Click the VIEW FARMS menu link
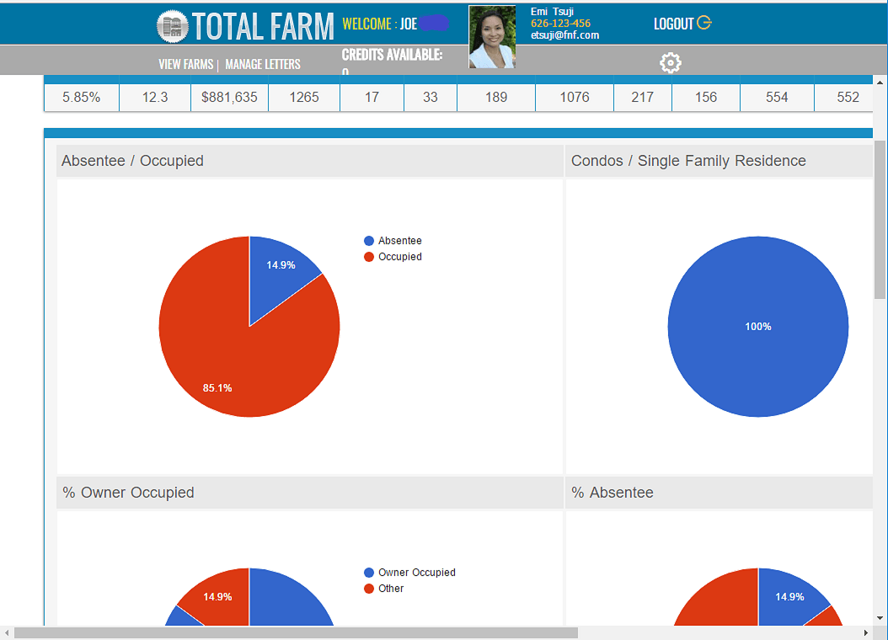click(x=185, y=64)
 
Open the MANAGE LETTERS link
click(x=263, y=64)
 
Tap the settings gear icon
click(x=671, y=63)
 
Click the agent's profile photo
click(x=492, y=37)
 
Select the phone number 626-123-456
click(x=560, y=24)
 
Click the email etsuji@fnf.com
click(x=564, y=35)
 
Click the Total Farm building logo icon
click(x=172, y=26)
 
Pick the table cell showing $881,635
click(x=229, y=97)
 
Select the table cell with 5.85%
click(x=82, y=97)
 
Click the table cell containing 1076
click(x=575, y=97)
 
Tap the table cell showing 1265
click(x=304, y=97)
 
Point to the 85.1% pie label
click(x=217, y=388)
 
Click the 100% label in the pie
click(x=758, y=327)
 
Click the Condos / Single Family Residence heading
click(x=688, y=161)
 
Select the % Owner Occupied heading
click(x=128, y=493)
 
